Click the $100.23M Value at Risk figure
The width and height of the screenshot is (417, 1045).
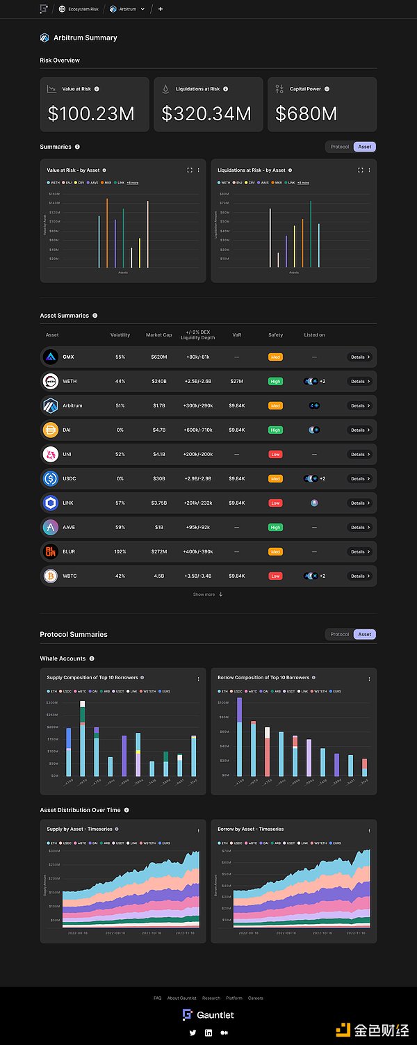point(91,114)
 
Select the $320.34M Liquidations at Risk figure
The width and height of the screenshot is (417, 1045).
point(206,114)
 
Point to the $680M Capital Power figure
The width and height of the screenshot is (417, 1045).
point(306,114)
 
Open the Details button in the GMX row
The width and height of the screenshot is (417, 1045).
point(359,357)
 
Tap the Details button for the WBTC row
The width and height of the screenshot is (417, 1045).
point(359,576)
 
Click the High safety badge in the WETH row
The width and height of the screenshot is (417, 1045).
point(275,381)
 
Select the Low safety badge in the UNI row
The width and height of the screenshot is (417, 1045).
point(275,454)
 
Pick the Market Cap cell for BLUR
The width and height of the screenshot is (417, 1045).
point(158,551)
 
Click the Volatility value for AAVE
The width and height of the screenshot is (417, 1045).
point(120,527)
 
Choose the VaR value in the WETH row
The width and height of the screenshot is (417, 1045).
point(236,381)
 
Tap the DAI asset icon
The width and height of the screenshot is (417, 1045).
point(50,430)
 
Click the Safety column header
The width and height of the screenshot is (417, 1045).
point(275,335)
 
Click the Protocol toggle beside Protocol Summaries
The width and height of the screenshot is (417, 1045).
point(340,634)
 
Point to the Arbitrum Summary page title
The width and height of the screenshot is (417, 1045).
point(85,38)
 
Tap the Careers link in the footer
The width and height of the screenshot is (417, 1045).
point(255,998)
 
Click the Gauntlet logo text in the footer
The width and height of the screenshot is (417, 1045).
point(215,1015)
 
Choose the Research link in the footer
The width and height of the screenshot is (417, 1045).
point(211,998)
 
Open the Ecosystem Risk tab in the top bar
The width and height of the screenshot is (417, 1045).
point(83,9)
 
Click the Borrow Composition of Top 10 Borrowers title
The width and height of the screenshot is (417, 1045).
point(263,677)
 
